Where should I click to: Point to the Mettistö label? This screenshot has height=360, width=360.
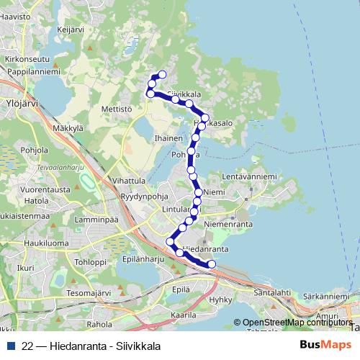[117, 109]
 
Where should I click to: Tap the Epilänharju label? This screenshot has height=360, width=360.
[139, 258]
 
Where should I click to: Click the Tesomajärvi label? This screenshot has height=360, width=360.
[88, 293]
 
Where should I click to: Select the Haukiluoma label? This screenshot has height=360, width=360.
[27, 243]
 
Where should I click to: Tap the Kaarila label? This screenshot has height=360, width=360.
[184, 315]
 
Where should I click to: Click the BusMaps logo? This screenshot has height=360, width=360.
[325, 345]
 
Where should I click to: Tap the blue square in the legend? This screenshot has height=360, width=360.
[10, 346]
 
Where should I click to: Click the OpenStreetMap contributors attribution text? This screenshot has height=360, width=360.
[297, 323]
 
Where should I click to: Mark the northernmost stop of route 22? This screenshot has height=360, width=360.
[162, 74]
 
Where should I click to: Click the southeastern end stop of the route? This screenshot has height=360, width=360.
[212, 264]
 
